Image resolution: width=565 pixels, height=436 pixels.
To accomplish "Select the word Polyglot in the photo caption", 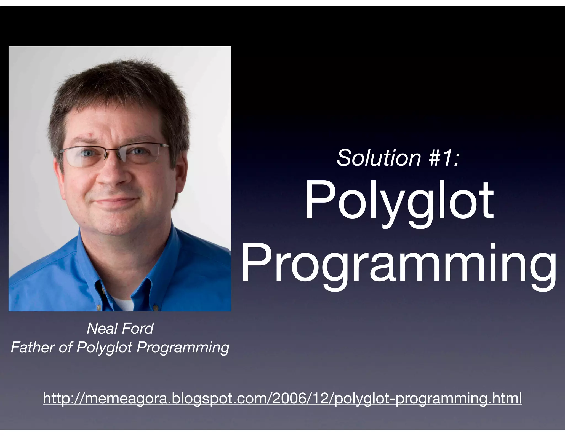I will pyautogui.click(x=104, y=348).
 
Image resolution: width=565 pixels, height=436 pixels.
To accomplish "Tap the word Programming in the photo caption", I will pyautogui.click(x=183, y=348).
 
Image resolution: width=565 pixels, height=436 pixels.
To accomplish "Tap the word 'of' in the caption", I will pyautogui.click(x=66, y=347).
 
